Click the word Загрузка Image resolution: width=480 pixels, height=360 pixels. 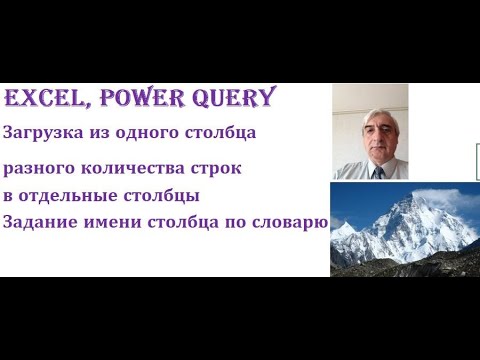40,133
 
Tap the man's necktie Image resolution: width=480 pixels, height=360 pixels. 379,172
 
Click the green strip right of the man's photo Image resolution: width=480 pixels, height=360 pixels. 477,160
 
